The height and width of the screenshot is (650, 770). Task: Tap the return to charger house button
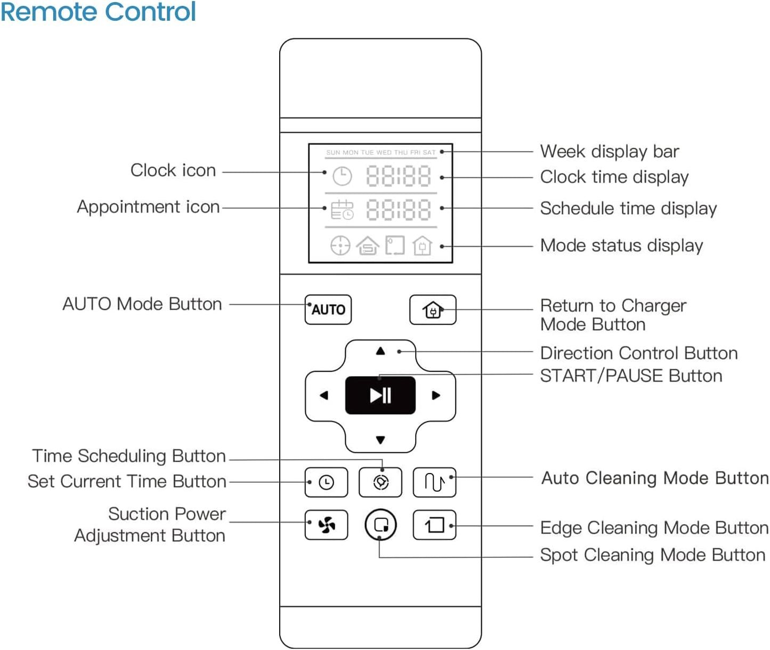coord(433,310)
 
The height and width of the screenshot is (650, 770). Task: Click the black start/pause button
coord(380,395)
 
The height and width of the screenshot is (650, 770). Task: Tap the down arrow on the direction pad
coord(380,440)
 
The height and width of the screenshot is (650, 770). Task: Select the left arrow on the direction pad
coord(324,395)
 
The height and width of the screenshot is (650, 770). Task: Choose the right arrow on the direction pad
coord(436,395)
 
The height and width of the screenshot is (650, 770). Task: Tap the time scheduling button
coord(380,482)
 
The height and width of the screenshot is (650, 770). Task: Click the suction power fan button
coord(326,525)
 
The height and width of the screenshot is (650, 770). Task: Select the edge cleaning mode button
coord(434,525)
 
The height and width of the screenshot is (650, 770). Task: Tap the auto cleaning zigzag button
coord(434,482)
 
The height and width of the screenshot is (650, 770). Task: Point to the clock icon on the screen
coord(342,176)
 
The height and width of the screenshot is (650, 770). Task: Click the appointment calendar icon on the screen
coord(342,210)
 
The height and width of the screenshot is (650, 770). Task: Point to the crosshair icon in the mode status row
coord(340,246)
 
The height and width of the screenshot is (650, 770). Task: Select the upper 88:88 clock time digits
coord(398,176)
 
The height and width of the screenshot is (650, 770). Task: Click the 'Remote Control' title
coord(98,12)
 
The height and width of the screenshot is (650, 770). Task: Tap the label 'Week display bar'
coord(610,151)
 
